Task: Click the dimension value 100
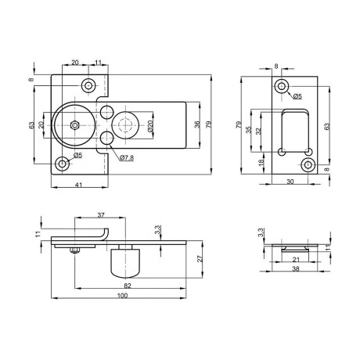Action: [x=122, y=296]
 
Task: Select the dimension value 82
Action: [x=128, y=286]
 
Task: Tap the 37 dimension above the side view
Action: [x=101, y=215]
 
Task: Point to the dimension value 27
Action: [x=200, y=258]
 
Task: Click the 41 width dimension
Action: [x=78, y=185]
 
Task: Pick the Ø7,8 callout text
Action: [x=127, y=157]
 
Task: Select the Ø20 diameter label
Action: [x=149, y=125]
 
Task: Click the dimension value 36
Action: [x=197, y=124]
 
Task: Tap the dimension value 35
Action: [x=249, y=130]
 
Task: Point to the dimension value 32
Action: [x=258, y=131]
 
